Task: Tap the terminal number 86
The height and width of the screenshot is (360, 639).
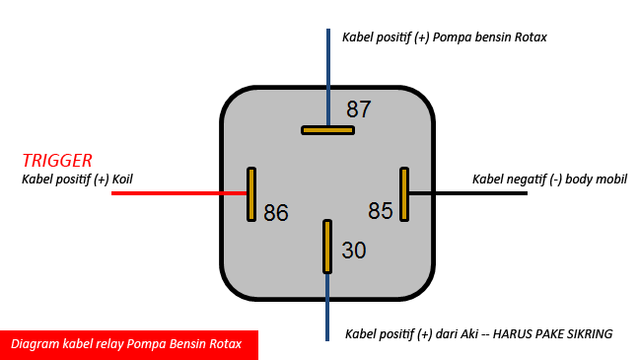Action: (x=276, y=212)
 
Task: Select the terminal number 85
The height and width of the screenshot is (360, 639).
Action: (x=380, y=211)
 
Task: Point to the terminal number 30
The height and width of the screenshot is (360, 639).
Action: (x=353, y=251)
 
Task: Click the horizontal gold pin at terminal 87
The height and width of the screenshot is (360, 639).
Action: (x=327, y=129)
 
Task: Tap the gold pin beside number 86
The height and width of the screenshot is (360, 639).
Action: (x=251, y=193)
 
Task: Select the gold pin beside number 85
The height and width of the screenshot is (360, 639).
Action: (x=403, y=193)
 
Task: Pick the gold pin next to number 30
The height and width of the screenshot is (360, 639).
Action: (x=327, y=247)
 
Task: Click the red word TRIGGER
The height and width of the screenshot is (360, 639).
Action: (x=57, y=160)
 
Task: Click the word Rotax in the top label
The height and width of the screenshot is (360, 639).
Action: (x=528, y=37)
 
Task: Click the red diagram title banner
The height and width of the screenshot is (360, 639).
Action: (x=128, y=344)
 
